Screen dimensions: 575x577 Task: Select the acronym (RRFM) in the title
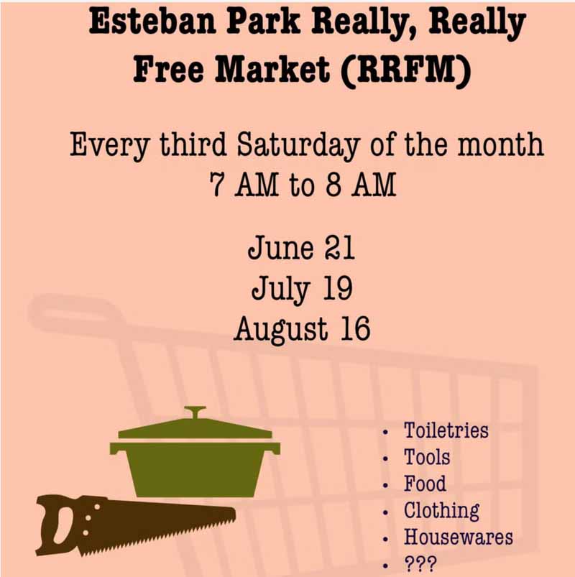pyautogui.click(x=405, y=70)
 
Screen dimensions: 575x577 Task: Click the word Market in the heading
pyautogui.click(x=272, y=69)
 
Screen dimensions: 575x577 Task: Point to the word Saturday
pyautogui.click(x=298, y=146)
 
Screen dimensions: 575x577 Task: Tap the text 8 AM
pyautogui.click(x=360, y=185)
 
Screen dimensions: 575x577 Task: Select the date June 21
pyautogui.click(x=301, y=248)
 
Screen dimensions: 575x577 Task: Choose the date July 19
pyautogui.click(x=302, y=290)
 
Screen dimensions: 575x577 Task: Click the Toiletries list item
pyautogui.click(x=446, y=430)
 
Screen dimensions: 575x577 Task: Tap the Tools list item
pyautogui.click(x=427, y=457)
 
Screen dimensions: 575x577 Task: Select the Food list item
pyautogui.click(x=425, y=484)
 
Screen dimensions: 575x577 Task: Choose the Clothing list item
pyautogui.click(x=442, y=511)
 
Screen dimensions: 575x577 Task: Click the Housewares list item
pyautogui.click(x=459, y=537)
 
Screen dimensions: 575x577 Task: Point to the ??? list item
pyautogui.click(x=420, y=564)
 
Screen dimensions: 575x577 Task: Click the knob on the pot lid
pyautogui.click(x=195, y=412)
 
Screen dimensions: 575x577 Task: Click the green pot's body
pyautogui.click(x=195, y=469)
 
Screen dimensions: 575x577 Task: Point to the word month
pyautogui.click(x=500, y=144)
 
